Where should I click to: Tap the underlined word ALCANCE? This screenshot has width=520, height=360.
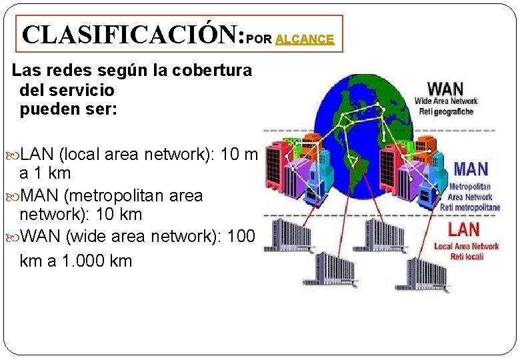305,39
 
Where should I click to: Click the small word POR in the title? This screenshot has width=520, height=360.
259,39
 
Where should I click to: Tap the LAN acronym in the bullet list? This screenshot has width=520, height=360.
37,155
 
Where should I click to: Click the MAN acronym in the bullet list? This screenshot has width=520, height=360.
39,196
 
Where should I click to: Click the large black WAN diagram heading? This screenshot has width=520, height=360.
445,89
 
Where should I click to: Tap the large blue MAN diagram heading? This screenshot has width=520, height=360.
471,169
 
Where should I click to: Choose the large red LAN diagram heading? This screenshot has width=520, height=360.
463,230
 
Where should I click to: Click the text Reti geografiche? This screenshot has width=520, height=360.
446,111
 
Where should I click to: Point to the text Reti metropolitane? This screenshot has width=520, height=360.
469,207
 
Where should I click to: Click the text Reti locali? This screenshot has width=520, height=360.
466,256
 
